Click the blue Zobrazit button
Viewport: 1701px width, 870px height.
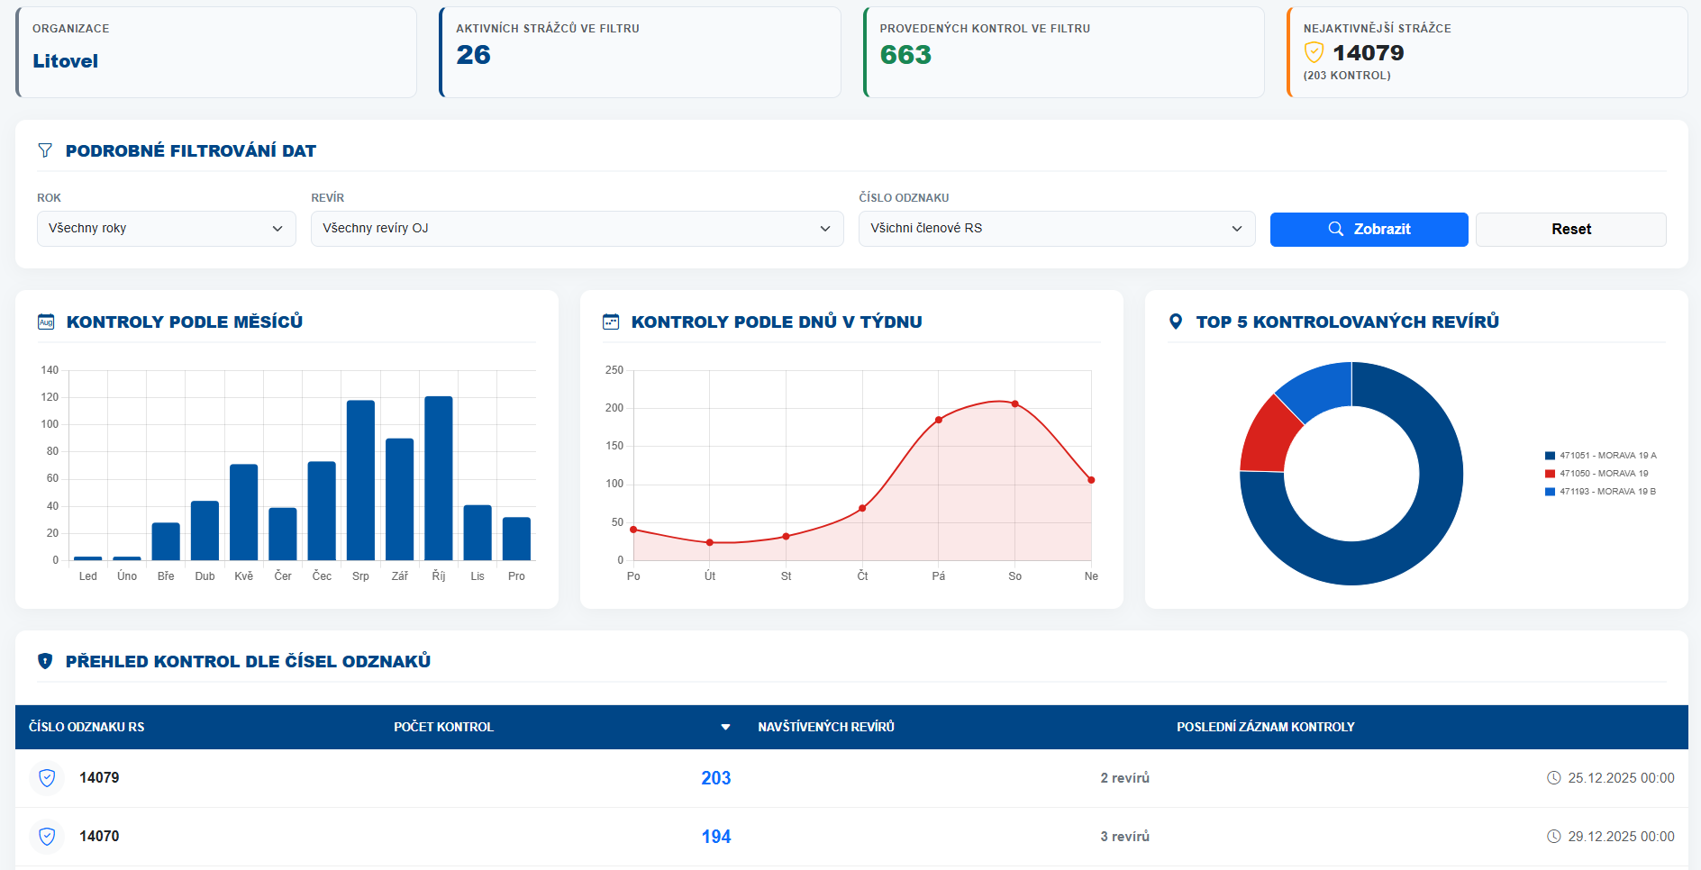[1369, 230]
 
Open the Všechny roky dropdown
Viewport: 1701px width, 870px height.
[166, 229]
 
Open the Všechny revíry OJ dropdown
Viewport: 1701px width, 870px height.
[577, 229]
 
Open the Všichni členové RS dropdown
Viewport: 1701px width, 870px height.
[1056, 229]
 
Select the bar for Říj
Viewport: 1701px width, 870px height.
[439, 478]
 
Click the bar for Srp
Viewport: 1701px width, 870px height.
[360, 480]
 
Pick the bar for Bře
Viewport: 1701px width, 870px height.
[166, 541]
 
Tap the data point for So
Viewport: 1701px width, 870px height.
[1015, 404]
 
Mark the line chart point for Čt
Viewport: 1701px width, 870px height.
[862, 509]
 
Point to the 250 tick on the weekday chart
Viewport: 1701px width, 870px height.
[614, 370]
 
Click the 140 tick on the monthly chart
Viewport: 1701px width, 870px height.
[50, 370]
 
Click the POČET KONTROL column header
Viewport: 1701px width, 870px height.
[444, 727]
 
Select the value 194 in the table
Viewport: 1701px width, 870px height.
[716, 837]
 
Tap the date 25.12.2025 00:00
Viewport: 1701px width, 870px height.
[1621, 778]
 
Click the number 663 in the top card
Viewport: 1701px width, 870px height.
[905, 55]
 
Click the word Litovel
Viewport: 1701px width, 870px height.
[66, 61]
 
